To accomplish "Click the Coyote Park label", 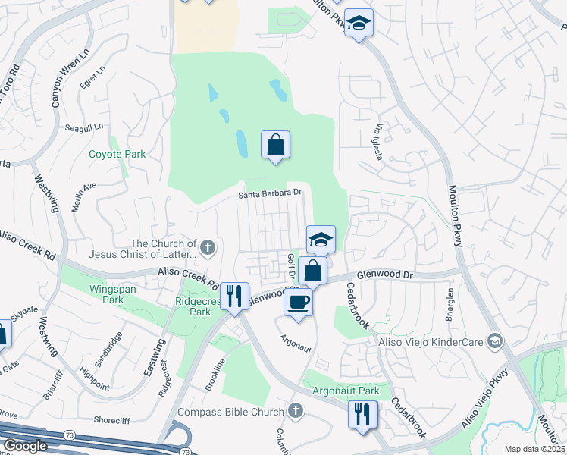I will [117, 154].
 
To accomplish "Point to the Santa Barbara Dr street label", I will [271, 193].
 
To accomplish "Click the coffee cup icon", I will [298, 301].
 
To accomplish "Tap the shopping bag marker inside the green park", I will [275, 144].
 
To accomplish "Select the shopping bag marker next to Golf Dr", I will [312, 270].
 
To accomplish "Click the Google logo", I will [25, 446].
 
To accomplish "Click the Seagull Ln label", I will [83, 128].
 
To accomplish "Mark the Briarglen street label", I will [450, 304].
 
